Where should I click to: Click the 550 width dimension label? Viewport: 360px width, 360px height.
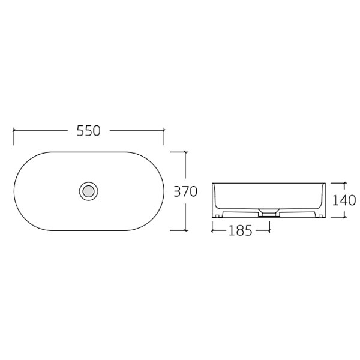tap(88, 131)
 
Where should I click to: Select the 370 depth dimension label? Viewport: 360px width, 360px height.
tap(185, 192)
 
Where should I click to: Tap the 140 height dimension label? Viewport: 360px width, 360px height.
tap(344, 199)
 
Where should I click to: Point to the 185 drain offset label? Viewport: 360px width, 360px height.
tap(241, 230)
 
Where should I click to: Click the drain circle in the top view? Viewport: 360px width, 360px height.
tap(88, 191)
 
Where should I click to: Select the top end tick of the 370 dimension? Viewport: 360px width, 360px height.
tap(185, 152)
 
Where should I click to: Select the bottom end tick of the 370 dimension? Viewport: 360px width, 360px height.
tap(185, 230)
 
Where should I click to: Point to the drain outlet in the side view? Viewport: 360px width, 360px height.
tap(269, 212)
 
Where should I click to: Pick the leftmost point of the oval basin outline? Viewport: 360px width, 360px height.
tap(14, 191)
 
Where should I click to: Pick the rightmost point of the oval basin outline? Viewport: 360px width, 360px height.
tap(164, 191)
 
